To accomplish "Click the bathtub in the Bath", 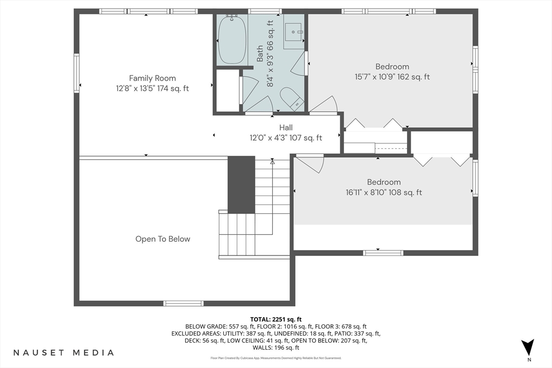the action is [x=232, y=40].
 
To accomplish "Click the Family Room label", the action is [x=153, y=78].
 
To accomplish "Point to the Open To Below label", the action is [x=163, y=239].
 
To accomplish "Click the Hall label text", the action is [x=286, y=127].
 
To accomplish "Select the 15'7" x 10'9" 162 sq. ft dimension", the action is [x=392, y=77].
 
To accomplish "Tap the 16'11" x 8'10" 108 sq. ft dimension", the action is [x=384, y=192].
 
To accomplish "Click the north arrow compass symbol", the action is [x=528, y=347].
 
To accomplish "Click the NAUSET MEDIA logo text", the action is [x=64, y=352].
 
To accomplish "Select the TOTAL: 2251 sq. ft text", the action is [x=276, y=320].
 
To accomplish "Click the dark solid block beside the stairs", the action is [x=241, y=185].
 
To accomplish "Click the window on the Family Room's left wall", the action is [x=77, y=73].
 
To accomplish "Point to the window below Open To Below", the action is [x=183, y=303].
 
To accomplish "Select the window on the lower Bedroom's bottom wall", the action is [x=383, y=253].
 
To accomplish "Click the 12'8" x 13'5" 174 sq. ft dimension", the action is [x=153, y=88].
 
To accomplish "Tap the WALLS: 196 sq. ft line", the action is [x=276, y=348].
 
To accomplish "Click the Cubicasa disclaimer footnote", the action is [x=276, y=358].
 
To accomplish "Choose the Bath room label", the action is [x=260, y=53].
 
